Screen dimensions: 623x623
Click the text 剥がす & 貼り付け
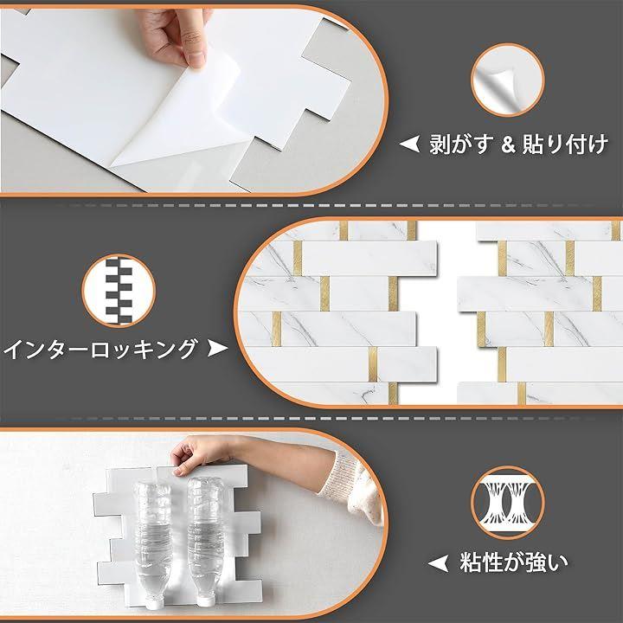pos(518,144)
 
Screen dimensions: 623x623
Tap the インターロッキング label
pos(100,350)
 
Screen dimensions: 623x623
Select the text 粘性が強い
pos(514,562)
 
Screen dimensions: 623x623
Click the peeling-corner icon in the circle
pos(507,80)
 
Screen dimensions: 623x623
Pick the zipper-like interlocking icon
pos(119,291)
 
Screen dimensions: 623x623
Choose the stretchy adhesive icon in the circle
pos(507,503)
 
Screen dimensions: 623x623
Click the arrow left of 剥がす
pos(409,144)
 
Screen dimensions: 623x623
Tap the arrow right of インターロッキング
pos(217,349)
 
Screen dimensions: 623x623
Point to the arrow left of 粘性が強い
pos(438,563)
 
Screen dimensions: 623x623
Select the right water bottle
pos(205,540)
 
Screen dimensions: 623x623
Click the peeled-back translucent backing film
pos(179,119)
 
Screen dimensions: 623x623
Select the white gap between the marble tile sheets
pos(447,314)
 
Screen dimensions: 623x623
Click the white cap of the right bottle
pos(205,601)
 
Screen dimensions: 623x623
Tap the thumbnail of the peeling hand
pos(507,80)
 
